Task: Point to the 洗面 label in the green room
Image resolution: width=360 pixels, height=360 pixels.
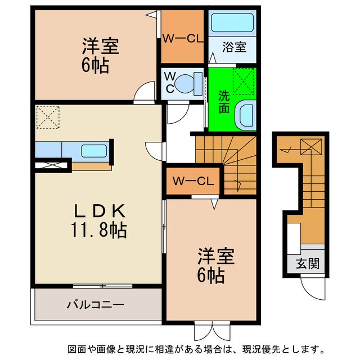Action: [223, 102]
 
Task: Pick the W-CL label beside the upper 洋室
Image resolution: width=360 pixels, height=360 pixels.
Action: [182, 38]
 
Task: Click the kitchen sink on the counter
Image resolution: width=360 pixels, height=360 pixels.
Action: [93, 150]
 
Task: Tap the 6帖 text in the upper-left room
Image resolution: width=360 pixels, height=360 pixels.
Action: [94, 65]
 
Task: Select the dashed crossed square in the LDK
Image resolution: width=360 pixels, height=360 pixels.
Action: [47, 118]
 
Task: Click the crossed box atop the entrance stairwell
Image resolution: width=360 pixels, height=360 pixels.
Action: [310, 147]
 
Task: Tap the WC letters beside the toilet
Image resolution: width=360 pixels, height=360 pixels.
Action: [168, 82]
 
